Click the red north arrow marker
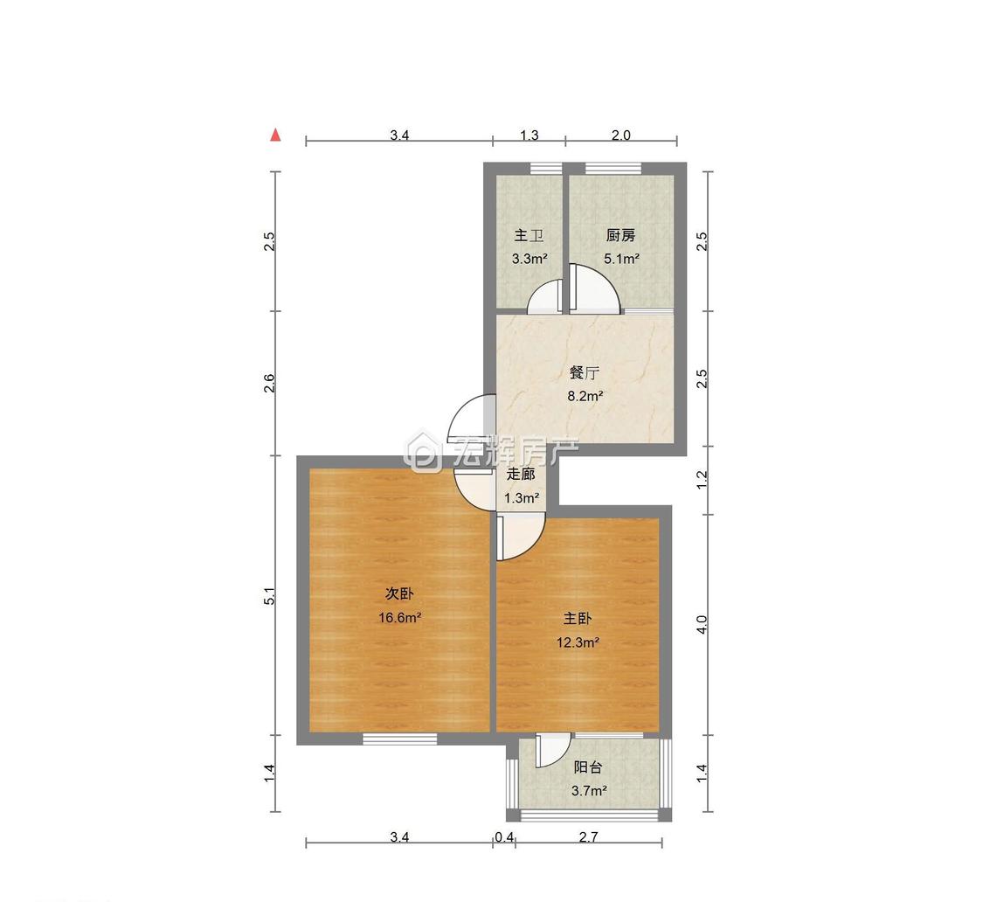(x=274, y=135)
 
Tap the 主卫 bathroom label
(x=529, y=235)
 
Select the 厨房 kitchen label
(x=620, y=235)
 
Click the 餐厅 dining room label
(x=585, y=372)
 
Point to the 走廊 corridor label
(x=521, y=475)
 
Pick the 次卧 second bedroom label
(x=398, y=593)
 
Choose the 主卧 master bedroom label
(x=577, y=619)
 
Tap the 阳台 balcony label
(x=588, y=767)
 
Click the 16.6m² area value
(x=399, y=618)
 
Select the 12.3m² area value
(x=578, y=642)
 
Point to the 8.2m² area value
(x=585, y=396)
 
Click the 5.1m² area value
(x=621, y=259)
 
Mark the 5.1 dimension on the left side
(x=270, y=596)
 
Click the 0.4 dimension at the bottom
(x=504, y=836)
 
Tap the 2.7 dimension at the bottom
(x=589, y=836)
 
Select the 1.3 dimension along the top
(x=530, y=135)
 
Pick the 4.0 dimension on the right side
(x=702, y=624)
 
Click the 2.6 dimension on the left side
(x=270, y=383)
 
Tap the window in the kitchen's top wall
(x=613, y=168)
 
